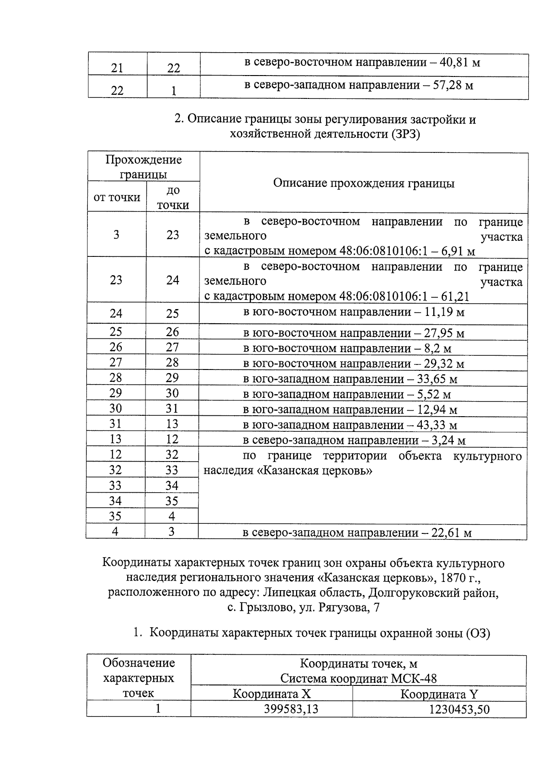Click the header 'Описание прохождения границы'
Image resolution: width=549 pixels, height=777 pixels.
click(364, 183)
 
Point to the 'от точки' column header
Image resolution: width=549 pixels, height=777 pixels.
click(117, 197)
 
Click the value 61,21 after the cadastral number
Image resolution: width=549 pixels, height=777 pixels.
click(455, 297)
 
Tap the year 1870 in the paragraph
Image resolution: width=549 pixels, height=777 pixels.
click(449, 578)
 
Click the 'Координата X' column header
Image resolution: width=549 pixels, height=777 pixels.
click(272, 694)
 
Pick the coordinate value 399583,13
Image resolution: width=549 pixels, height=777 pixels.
click(291, 709)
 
